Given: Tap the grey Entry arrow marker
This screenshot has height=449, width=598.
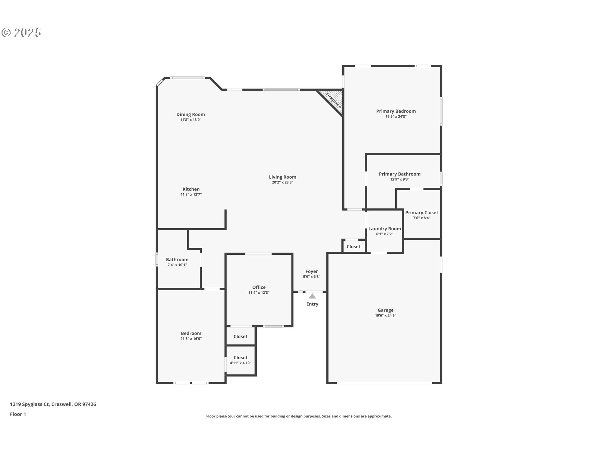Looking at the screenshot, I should click(312, 296).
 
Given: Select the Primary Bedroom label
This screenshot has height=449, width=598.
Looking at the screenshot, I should click(396, 111).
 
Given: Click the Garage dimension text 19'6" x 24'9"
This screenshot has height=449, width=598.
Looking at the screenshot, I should click(385, 316).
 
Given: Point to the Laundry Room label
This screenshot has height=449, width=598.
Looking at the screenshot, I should click(384, 229).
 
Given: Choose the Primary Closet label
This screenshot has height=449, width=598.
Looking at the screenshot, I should click(421, 213).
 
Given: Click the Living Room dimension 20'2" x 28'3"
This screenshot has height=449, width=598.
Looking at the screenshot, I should click(282, 182).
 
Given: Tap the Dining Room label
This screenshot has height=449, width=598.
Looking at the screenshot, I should click(190, 114).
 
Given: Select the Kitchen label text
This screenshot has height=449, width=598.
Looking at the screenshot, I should click(191, 189).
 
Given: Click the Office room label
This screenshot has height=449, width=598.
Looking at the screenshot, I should click(259, 287).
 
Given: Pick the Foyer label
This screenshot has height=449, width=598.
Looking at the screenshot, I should click(311, 272).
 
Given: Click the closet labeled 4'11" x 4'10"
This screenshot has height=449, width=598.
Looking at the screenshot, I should click(240, 360).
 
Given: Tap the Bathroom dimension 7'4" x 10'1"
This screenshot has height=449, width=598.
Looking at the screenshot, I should click(177, 265).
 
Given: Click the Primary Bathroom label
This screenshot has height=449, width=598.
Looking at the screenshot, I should click(399, 174).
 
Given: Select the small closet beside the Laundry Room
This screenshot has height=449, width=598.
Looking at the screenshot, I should click(353, 247).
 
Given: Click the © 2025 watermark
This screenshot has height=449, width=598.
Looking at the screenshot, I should click(21, 33).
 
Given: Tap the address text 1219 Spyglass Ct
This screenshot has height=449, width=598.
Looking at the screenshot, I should click(30, 404).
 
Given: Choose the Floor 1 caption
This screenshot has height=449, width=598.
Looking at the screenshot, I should click(18, 414).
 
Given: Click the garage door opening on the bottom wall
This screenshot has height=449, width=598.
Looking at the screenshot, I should click(384, 383).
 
